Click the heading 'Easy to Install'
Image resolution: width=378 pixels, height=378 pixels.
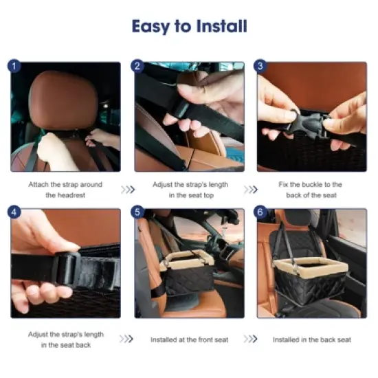pyautogui.click(x=189, y=27)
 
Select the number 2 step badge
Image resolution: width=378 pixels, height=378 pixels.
pyautogui.click(x=137, y=66)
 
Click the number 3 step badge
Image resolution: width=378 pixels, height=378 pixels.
pyautogui.click(x=260, y=66)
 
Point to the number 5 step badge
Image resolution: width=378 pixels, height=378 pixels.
pyautogui.click(x=137, y=212)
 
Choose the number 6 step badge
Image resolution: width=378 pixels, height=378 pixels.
pyautogui.click(x=260, y=212)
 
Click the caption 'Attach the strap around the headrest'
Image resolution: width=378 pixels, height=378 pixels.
pyautogui.click(x=65, y=190)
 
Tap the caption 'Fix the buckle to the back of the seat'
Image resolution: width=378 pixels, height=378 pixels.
pyautogui.click(x=311, y=190)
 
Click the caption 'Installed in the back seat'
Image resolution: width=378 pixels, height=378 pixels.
pyautogui.click(x=311, y=340)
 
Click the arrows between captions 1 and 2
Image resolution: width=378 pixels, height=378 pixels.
pyautogui.click(x=128, y=190)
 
